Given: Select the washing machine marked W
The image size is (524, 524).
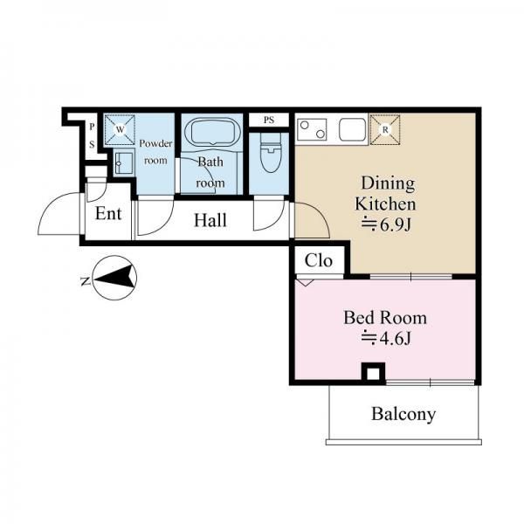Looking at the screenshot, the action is click(x=120, y=130).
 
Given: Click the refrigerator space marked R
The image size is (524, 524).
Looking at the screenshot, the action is click(x=385, y=129).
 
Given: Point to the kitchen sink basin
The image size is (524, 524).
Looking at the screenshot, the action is click(x=352, y=129).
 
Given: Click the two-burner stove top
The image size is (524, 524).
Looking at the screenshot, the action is click(x=312, y=129).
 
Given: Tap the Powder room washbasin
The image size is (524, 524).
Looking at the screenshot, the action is click(x=123, y=163).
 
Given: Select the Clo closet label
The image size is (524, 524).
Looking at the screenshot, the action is click(x=319, y=260).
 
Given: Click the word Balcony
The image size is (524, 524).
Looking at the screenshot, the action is click(x=403, y=414).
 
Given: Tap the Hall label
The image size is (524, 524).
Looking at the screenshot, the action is click(x=210, y=221).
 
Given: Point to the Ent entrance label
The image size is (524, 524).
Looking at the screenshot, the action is click(x=108, y=214).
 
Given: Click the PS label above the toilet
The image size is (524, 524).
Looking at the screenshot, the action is click(x=269, y=120).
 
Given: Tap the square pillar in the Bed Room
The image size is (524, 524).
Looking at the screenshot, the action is click(x=374, y=372).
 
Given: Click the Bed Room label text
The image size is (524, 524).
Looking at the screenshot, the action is click(x=385, y=318).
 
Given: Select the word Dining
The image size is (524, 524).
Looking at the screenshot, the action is click(x=389, y=184).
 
